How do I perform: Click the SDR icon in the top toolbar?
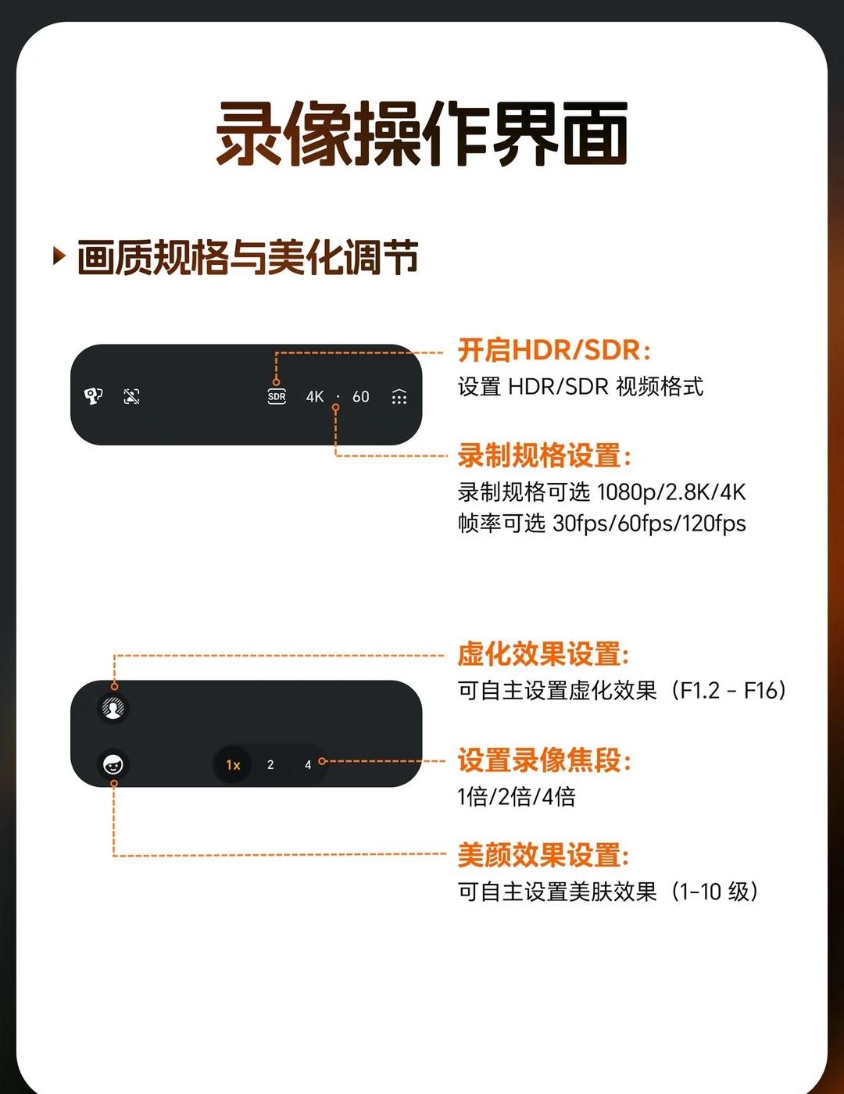(x=277, y=396)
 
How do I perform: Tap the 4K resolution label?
(x=315, y=397)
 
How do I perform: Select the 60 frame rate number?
(x=360, y=397)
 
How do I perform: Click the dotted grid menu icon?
(x=399, y=397)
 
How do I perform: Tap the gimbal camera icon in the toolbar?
(x=93, y=396)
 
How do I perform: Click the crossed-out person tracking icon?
(x=132, y=396)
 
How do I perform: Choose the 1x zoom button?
(x=233, y=765)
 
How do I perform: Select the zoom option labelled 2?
(x=270, y=765)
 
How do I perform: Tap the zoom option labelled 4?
(x=307, y=765)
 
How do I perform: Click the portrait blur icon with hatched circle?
(x=113, y=708)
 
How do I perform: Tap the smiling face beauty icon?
(x=113, y=765)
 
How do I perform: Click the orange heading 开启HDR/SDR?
(x=553, y=350)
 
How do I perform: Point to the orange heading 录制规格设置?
(x=544, y=456)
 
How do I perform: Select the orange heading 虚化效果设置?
(x=543, y=654)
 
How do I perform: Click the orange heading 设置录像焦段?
(x=544, y=760)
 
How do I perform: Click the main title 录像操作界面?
(x=422, y=134)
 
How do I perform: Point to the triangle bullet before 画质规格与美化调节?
(x=59, y=256)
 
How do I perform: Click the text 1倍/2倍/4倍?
(x=517, y=797)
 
